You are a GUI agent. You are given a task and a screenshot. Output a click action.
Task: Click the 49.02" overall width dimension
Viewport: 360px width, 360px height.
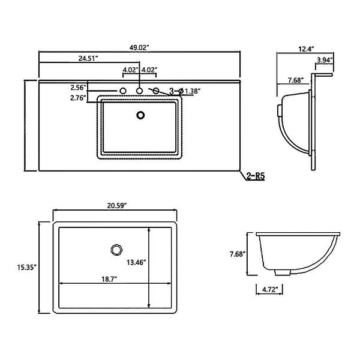139,48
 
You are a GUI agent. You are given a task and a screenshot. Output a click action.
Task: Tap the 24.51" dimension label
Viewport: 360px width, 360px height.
88,58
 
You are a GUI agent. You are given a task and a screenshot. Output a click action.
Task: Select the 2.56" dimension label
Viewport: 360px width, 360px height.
78,88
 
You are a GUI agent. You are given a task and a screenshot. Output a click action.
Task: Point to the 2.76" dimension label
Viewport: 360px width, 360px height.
78,98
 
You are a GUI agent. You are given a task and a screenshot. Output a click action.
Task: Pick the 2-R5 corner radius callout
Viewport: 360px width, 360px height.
256,176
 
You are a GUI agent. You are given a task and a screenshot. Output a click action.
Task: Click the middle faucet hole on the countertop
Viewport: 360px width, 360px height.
139,91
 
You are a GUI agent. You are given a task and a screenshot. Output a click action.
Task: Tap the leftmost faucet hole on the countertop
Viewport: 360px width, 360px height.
123,91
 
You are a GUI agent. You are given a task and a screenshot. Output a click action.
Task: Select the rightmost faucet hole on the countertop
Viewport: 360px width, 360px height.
155,91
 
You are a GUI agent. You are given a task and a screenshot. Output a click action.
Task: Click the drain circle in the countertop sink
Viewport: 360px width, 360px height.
140,115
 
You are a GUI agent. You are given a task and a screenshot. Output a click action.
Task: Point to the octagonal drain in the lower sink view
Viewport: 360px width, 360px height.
116,250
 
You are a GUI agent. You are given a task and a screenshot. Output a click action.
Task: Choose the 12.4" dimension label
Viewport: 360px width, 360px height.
306,49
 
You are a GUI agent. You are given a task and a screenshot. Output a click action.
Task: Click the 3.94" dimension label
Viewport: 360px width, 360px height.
325,60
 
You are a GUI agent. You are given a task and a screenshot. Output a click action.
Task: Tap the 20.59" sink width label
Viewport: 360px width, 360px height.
117,206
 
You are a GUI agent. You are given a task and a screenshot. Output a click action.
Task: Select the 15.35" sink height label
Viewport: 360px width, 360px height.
27,267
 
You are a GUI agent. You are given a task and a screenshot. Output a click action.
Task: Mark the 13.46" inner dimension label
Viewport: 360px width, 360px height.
137,262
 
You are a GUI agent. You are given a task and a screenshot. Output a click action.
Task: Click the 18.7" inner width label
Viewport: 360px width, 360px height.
110,279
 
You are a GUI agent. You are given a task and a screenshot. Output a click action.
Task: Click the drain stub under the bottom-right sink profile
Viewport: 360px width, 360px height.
283,272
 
